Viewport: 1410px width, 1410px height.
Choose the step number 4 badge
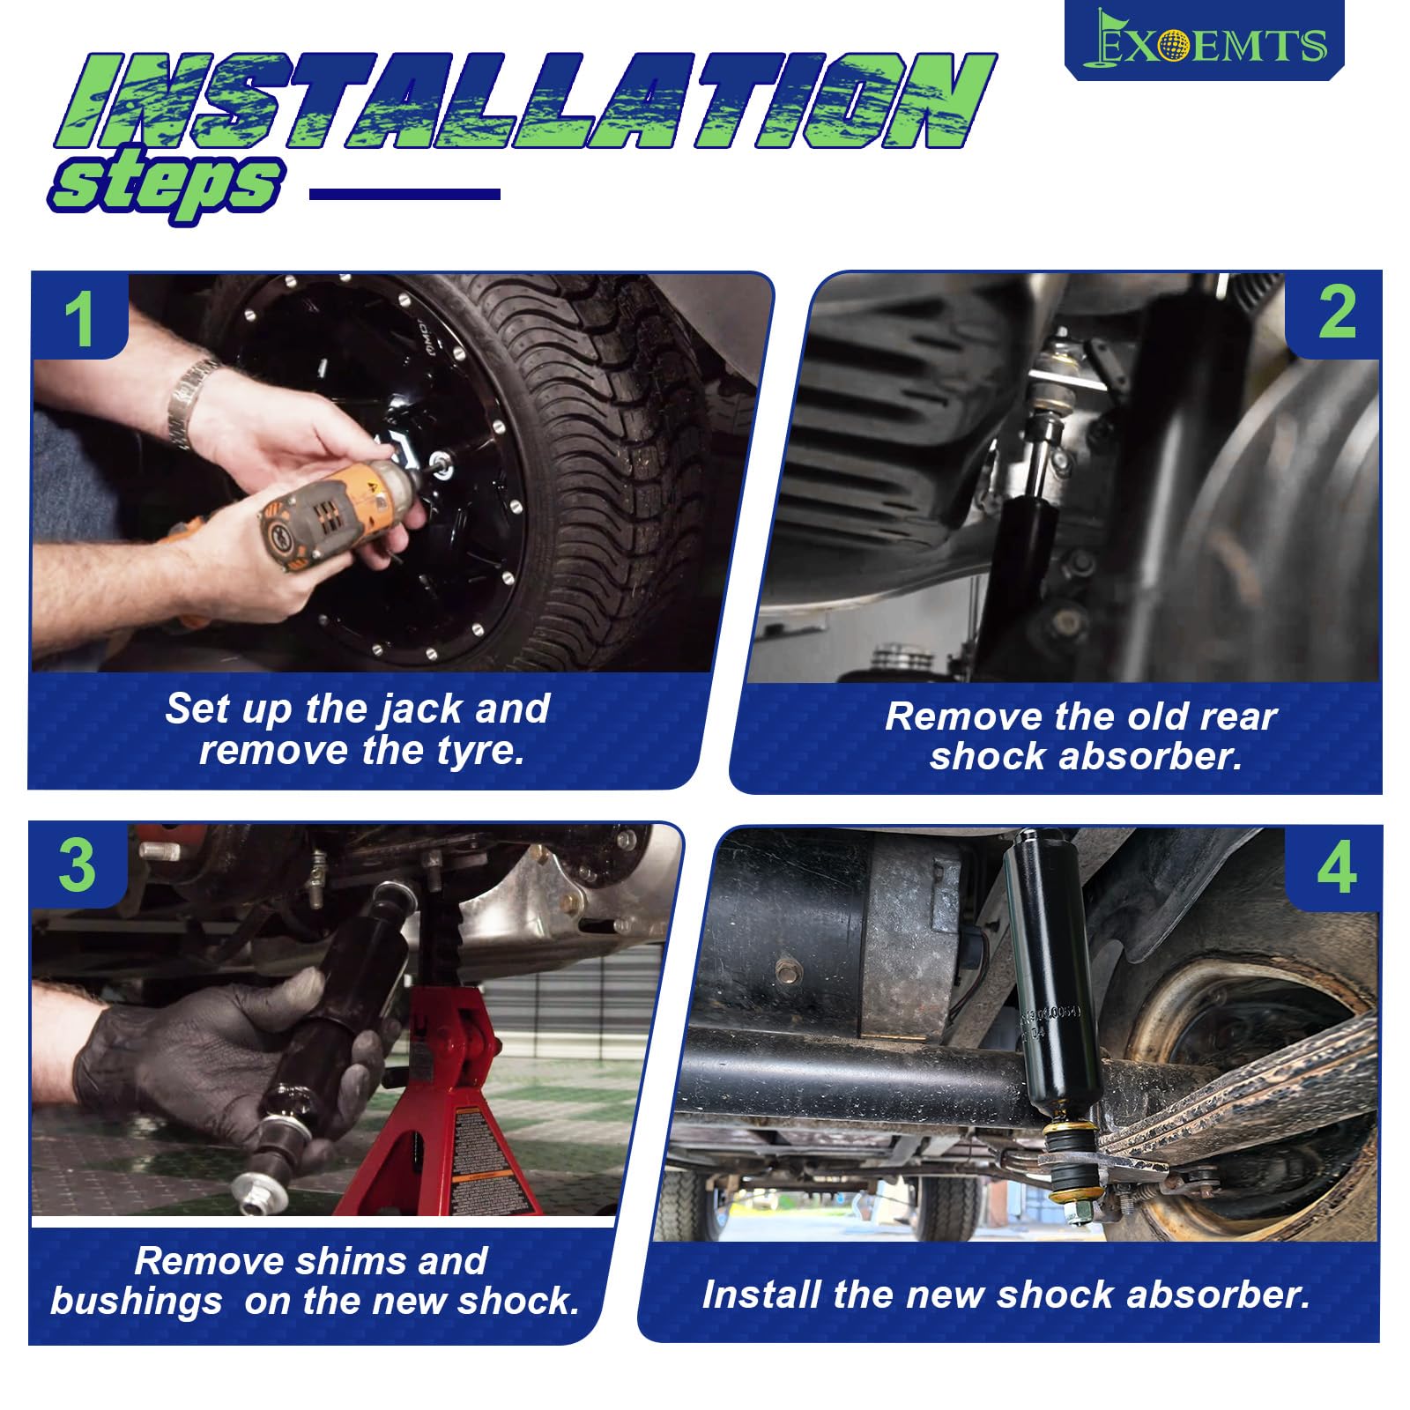1334,868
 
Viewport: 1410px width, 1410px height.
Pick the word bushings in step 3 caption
137,1302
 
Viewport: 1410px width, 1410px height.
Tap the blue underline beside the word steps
405,195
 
